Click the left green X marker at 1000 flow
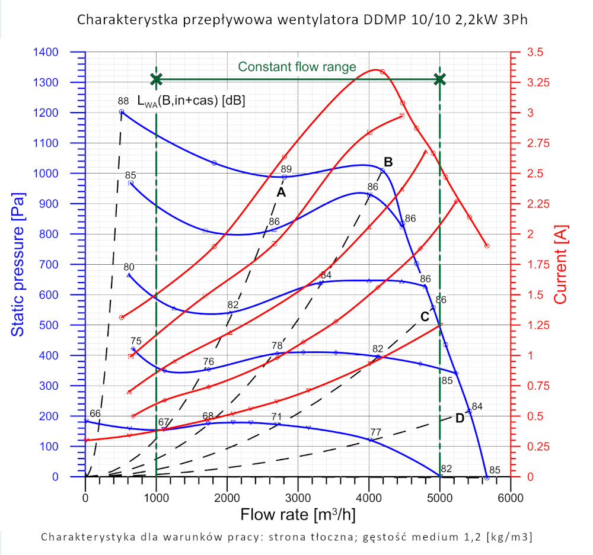[156, 79]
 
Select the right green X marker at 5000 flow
[439, 79]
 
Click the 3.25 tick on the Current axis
[538, 82]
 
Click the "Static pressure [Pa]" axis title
[18, 264]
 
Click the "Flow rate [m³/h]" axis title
[298, 514]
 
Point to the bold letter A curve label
[281, 193]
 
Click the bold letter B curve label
[388, 161]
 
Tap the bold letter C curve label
[425, 316]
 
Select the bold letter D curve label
[460, 418]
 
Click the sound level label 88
[123, 101]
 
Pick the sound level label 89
[286, 169]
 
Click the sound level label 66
[95, 413]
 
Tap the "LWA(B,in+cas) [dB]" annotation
[191, 101]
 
